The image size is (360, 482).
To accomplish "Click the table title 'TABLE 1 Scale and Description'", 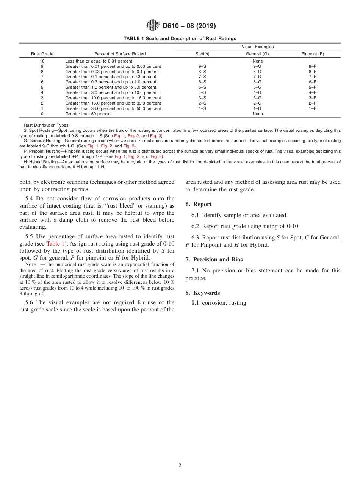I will pyautogui.click(x=180, y=38).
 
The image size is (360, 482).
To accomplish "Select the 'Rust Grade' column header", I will pyautogui.click(x=42, y=54).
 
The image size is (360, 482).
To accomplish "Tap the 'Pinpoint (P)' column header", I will pyautogui.click(x=312, y=54).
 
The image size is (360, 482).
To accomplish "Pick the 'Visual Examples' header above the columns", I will pyautogui.click(x=258, y=47).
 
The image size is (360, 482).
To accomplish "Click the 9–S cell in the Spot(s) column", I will pyautogui.click(x=202, y=66).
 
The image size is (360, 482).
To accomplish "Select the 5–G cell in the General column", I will pyautogui.click(x=257, y=87).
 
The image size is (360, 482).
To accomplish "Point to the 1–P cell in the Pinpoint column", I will pyautogui.click(x=312, y=108).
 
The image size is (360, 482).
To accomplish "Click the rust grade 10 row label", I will pyautogui.click(x=42, y=61).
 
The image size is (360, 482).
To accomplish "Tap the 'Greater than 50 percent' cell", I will pyautogui.click(x=89, y=114).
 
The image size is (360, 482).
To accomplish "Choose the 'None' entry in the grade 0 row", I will pyautogui.click(x=257, y=114).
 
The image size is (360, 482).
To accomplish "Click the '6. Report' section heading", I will pyautogui.click(x=199, y=204).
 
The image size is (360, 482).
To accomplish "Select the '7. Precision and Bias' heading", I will pyautogui.click(x=214, y=260).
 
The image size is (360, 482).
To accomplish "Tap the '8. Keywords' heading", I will pyautogui.click(x=202, y=293).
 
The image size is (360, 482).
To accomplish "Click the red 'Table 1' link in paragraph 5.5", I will pyautogui.click(x=56, y=244).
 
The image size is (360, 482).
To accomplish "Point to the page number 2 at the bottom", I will pyautogui.click(x=180, y=466).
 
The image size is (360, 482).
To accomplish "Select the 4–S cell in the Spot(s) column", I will pyautogui.click(x=202, y=92).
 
